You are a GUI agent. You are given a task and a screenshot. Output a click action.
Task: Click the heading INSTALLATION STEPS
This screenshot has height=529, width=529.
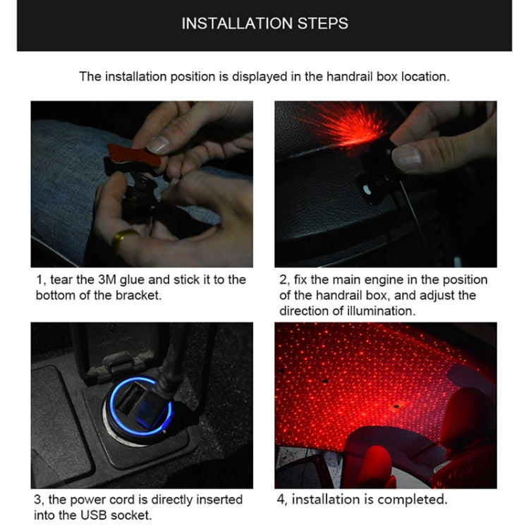point(264,23)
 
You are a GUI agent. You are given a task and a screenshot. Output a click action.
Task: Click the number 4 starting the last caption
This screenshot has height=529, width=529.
point(279,500)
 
